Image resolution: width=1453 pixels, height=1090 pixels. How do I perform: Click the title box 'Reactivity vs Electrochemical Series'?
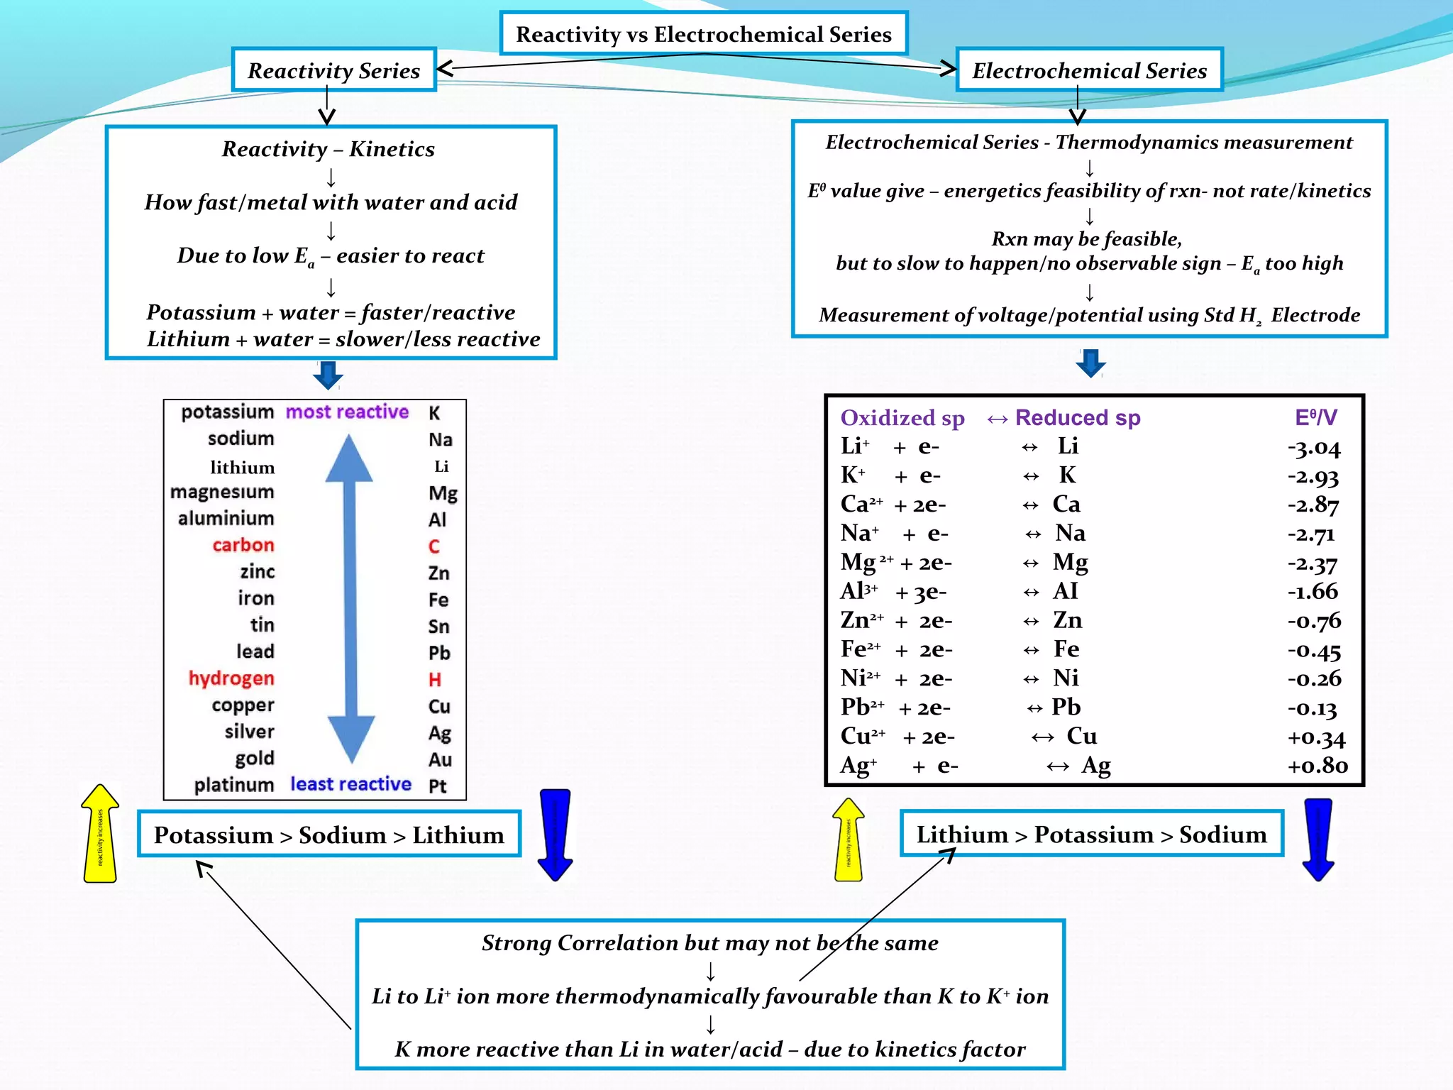[703, 34]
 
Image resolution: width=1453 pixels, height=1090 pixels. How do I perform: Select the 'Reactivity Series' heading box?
[333, 70]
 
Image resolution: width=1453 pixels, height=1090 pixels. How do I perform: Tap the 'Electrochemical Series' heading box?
[1089, 70]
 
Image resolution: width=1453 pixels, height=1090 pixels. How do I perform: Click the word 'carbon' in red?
[243, 545]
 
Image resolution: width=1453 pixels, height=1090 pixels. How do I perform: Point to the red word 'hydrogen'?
[231, 678]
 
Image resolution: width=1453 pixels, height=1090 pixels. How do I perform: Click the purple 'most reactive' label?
[347, 412]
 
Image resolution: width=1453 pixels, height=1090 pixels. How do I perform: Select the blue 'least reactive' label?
[350, 784]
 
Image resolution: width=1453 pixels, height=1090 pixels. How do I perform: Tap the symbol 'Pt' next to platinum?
[438, 786]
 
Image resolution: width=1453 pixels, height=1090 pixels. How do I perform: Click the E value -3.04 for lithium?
[1314, 448]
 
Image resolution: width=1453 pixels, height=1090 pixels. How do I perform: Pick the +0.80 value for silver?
[1317, 766]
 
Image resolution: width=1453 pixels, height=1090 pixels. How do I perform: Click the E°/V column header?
[1315, 417]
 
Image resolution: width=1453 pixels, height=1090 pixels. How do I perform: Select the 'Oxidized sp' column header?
[902, 418]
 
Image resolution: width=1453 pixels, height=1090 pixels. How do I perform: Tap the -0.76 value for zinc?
[1314, 622]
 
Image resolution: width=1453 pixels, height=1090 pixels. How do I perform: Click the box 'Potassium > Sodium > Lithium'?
[329, 835]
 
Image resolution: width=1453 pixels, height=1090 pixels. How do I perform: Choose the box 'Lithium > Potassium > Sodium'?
[1091, 835]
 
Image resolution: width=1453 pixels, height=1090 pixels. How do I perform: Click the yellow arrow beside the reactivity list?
[100, 835]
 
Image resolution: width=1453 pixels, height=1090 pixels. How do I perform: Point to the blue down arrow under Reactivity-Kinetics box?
[328, 375]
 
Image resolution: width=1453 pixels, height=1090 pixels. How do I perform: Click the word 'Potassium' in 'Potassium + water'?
[201, 313]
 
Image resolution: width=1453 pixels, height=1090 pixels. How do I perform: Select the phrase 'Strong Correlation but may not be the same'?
[709, 943]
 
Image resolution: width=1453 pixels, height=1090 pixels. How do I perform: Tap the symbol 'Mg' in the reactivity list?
[443, 493]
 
